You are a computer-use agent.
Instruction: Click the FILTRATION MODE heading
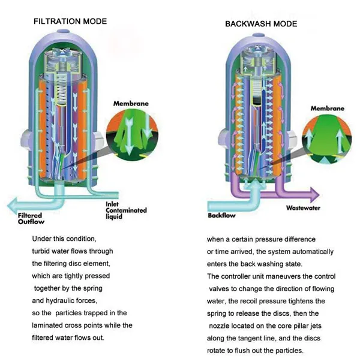70,22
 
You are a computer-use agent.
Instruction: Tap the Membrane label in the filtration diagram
131,104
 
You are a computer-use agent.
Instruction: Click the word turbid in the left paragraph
43,251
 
